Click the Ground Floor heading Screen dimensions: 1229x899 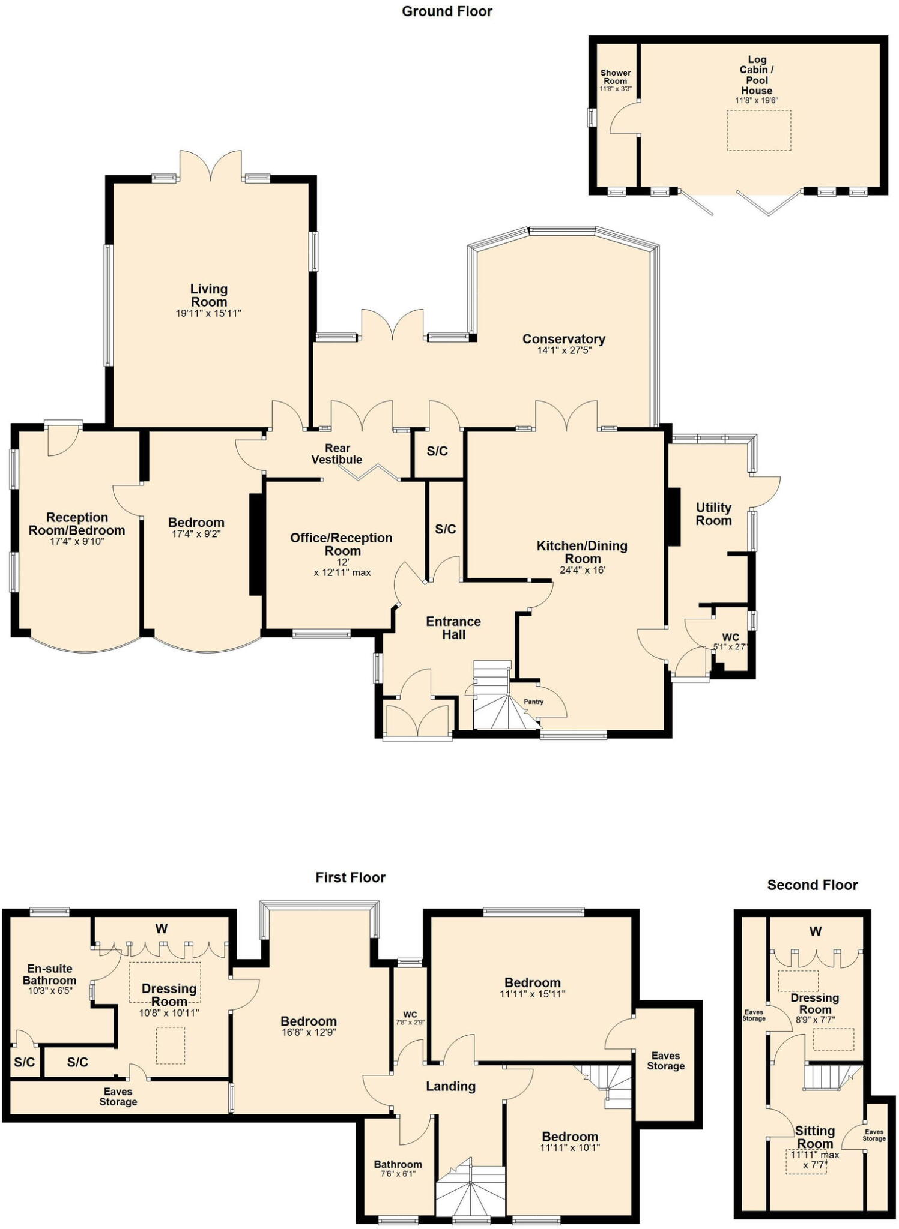pos(447,11)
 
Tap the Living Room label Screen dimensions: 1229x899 pos(208,295)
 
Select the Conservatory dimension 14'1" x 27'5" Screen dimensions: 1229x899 pos(564,350)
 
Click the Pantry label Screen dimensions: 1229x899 pos(533,702)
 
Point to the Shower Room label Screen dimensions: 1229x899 pos(615,77)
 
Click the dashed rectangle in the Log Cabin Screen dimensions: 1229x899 pos(759,130)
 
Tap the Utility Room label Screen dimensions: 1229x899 pos(713,514)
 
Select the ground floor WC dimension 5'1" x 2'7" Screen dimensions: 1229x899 pos(730,647)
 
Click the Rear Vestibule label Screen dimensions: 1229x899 pos(337,454)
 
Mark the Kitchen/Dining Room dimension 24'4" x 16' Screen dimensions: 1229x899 pos(582,570)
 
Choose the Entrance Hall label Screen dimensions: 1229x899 pos(453,628)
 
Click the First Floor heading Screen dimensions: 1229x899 pos(350,877)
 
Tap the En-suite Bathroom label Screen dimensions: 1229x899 pos(50,974)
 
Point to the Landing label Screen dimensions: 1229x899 pos(450,1086)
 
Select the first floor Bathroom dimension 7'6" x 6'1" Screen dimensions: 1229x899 pos(398,1174)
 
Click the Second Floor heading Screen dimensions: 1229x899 pos(812,885)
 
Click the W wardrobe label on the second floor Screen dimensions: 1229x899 pos(815,931)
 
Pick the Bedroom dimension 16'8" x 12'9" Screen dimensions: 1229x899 pos(309,1033)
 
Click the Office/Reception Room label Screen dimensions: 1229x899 pos(341,544)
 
